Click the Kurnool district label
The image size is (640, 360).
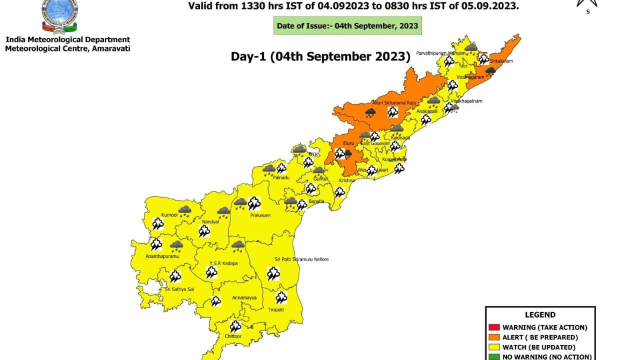pos(169,215)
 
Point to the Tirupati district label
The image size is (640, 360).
pos(276,309)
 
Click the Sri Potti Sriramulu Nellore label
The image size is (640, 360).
pos(301,259)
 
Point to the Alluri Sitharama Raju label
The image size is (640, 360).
pos(394,102)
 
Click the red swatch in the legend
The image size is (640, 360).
pos(493,327)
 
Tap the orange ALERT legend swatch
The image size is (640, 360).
pos(493,337)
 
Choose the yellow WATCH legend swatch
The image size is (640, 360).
pos(493,347)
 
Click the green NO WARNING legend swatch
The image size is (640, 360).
pos(493,356)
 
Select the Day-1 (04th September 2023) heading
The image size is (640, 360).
pos(320,56)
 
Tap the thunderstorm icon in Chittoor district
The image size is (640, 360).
pos(235,326)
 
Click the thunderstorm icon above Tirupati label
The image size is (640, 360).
pos(281,297)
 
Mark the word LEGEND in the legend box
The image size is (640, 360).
pos(540,315)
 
